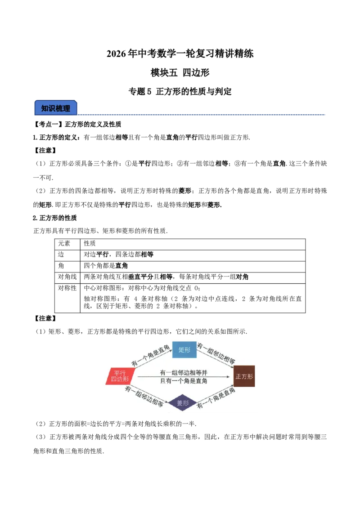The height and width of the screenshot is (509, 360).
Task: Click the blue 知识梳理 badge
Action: (55, 108)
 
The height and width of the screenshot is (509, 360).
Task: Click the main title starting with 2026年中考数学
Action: (180, 54)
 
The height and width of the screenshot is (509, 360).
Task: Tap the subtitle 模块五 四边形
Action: (180, 72)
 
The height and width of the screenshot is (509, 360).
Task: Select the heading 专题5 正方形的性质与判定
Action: (180, 92)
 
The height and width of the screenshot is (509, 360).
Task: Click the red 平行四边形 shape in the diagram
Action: (120, 376)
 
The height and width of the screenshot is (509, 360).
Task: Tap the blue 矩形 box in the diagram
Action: (184, 350)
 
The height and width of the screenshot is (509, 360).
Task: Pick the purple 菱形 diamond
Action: (183, 403)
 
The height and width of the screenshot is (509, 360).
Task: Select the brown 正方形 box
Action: (244, 376)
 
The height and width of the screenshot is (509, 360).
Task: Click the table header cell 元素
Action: (64, 243)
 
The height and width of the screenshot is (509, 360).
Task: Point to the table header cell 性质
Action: (90, 243)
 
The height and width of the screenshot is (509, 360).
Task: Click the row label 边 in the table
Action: (61, 254)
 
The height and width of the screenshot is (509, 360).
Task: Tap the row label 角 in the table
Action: (61, 266)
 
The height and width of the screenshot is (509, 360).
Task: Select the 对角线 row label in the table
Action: (67, 277)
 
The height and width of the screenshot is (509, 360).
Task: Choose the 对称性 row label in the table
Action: (67, 288)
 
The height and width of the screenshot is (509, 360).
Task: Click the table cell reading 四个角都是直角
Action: (106, 266)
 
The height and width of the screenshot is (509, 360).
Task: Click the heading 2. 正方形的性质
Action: (54, 218)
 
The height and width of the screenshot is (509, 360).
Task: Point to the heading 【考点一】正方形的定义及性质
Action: (77, 125)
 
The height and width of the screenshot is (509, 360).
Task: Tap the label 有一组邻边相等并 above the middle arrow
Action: (183, 373)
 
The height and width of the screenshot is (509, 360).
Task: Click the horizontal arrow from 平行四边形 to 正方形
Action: (184, 377)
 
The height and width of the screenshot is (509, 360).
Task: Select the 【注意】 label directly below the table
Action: (45, 318)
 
